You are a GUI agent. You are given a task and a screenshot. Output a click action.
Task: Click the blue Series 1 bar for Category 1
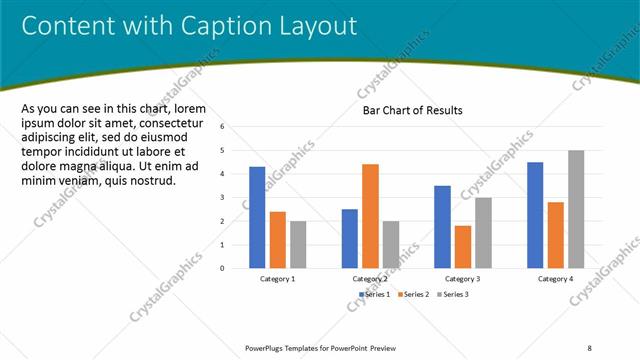[257, 217]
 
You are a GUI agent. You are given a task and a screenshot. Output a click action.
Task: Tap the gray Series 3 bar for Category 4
[576, 209]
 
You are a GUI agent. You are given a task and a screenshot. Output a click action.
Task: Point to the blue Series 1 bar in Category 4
[535, 215]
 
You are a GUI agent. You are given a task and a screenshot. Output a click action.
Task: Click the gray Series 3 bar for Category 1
[298, 244]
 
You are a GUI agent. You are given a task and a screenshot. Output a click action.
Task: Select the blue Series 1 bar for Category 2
[350, 238]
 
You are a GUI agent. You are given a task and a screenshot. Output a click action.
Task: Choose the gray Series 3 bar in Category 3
[483, 232]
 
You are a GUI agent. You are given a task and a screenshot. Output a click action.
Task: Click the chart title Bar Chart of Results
[412, 111]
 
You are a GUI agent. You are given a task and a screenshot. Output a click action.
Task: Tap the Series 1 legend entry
[375, 294]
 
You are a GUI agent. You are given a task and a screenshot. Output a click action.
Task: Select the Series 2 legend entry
[413, 294]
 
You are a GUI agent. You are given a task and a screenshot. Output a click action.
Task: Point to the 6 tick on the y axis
[236, 127]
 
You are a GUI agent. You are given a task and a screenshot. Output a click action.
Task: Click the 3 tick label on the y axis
[236, 197]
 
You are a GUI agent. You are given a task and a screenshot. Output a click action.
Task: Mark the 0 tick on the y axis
[236, 268]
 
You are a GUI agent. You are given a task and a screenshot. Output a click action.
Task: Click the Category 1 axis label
[277, 279]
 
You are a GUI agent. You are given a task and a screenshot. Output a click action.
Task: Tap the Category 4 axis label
[555, 279]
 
